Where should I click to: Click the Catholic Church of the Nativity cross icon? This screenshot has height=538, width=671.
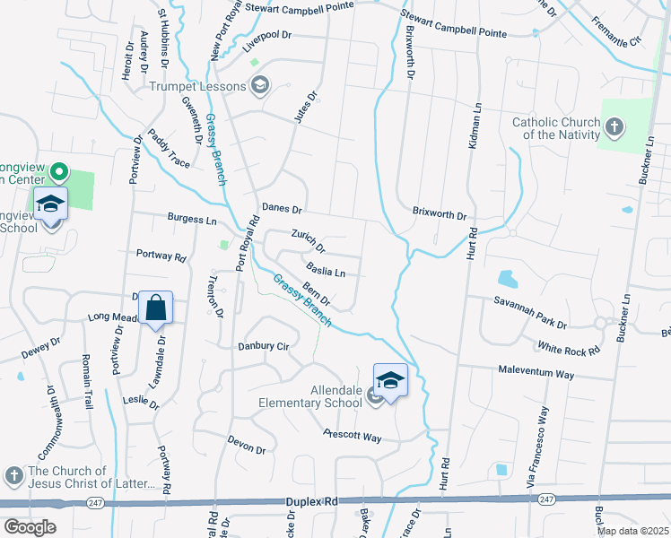[614, 127]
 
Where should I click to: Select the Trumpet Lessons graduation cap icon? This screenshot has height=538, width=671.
[260, 86]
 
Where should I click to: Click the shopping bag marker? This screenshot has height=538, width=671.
[155, 308]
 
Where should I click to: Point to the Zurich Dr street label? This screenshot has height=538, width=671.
[308, 239]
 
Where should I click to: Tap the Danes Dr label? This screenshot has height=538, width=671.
[282, 208]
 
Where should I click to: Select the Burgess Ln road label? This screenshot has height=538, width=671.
[192, 218]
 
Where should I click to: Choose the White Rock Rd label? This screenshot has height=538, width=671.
[568, 346]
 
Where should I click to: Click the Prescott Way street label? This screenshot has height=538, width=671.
[353, 437]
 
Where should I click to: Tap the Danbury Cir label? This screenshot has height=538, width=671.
[264, 346]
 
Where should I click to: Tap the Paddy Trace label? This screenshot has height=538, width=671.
[170, 150]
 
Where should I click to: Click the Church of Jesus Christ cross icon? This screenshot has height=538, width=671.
[13, 474]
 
